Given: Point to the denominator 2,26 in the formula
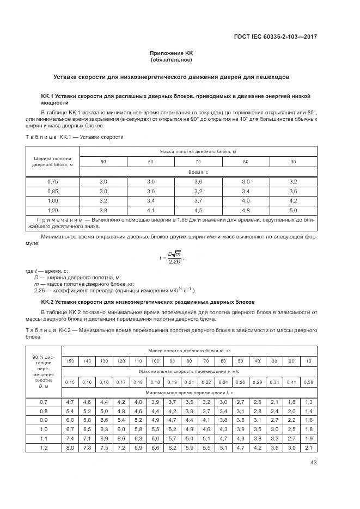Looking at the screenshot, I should [174, 261].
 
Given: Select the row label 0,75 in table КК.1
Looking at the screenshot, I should [52, 181].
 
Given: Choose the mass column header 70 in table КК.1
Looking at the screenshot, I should [198, 162].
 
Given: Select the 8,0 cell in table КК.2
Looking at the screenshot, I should [70, 447].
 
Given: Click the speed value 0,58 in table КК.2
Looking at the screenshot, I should [309, 382].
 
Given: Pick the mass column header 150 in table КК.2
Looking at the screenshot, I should [70, 361].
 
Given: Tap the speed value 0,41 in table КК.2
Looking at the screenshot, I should [292, 382].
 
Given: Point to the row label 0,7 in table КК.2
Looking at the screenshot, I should [44, 401].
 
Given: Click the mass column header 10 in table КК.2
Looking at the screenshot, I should [309, 361].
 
